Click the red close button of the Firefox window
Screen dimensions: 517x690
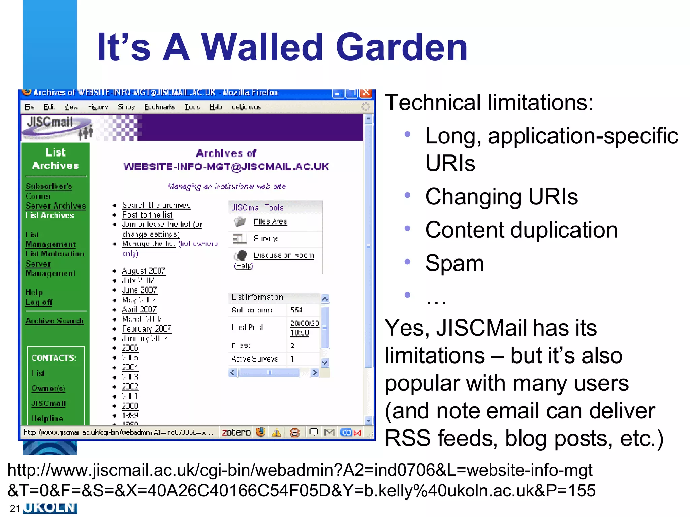tap(366, 93)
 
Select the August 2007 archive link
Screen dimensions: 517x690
tap(144, 271)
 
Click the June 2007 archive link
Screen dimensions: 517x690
tap(139, 290)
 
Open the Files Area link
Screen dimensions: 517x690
tap(270, 221)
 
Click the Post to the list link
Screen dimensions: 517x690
tap(147, 215)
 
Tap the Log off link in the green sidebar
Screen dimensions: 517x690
tap(39, 302)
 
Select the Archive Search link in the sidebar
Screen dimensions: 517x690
tap(55, 321)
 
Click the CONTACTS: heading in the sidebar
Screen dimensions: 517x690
tap(54, 358)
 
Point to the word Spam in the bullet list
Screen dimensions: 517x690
tap(454, 263)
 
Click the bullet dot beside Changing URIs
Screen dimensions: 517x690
tap(407, 195)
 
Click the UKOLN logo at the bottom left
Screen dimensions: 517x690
tap(50, 508)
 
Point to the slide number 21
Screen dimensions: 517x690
tap(15, 508)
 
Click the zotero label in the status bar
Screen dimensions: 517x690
tap(236, 432)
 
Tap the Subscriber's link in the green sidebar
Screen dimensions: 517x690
tap(49, 186)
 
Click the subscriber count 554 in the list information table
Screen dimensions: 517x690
tap(296, 310)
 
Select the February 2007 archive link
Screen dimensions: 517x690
tap(147, 329)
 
